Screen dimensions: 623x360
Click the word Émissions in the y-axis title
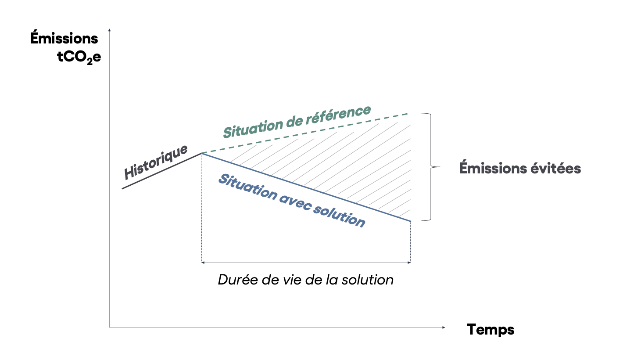click(x=64, y=39)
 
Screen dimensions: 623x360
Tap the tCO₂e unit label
click(x=79, y=57)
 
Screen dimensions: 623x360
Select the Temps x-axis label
click(x=491, y=329)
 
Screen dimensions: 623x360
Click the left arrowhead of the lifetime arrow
click(x=203, y=263)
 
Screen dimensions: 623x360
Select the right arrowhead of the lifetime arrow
click(x=409, y=263)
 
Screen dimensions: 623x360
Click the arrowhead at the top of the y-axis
click(x=109, y=30)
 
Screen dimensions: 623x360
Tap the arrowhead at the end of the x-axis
click(x=444, y=327)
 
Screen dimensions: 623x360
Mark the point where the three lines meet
click(x=201, y=153)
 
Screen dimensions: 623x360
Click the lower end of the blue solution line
click(x=410, y=221)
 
